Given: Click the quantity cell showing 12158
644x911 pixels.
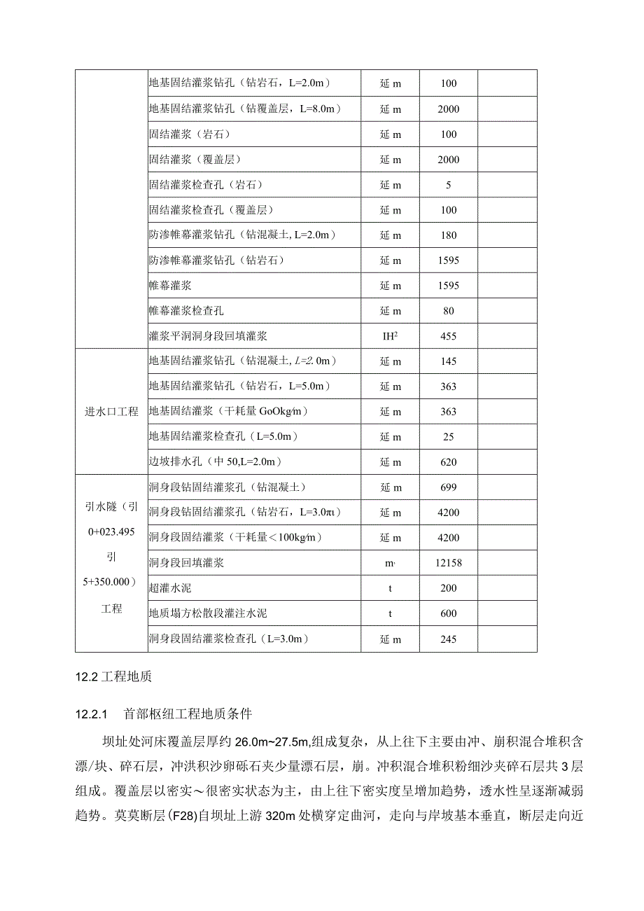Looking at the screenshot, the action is click(x=448, y=563).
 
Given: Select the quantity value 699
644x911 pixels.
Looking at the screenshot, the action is click(x=448, y=487).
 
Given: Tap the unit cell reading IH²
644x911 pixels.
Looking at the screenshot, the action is click(x=390, y=336).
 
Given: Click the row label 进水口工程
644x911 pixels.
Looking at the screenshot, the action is click(x=112, y=412).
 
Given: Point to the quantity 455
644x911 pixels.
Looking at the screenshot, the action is click(x=448, y=336).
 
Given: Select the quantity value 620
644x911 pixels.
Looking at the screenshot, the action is click(x=448, y=462).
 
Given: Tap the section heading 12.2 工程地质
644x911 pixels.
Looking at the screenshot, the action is click(x=113, y=677).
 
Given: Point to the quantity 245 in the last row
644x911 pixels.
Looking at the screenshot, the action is click(x=448, y=639).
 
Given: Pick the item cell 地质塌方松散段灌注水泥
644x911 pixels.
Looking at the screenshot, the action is click(x=208, y=613).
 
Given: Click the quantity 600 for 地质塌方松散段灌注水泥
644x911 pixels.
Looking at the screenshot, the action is click(x=448, y=613).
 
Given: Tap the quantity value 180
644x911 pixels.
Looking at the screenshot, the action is click(x=448, y=235).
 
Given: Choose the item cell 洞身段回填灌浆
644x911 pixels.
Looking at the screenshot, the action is click(x=186, y=563).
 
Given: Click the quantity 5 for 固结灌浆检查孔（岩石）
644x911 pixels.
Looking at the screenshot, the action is click(x=448, y=185).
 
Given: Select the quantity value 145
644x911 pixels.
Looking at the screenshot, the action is click(x=448, y=361).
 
